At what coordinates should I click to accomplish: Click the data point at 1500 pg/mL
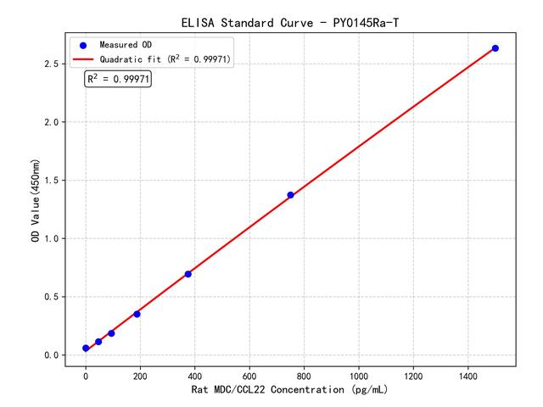pyautogui.click(x=495, y=48)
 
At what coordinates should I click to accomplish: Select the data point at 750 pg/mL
pyautogui.click(x=290, y=195)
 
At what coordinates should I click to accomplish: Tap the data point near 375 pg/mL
pyautogui.click(x=188, y=274)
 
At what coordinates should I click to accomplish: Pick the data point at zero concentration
pyautogui.click(x=86, y=348)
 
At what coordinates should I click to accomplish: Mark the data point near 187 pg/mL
pyautogui.click(x=137, y=314)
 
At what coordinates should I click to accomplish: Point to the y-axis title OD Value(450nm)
pyautogui.click(x=35, y=200)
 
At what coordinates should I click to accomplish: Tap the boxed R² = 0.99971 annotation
pyautogui.click(x=118, y=79)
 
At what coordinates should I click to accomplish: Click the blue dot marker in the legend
pyautogui.click(x=83, y=44)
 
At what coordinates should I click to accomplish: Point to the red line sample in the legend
pyautogui.click(x=83, y=59)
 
